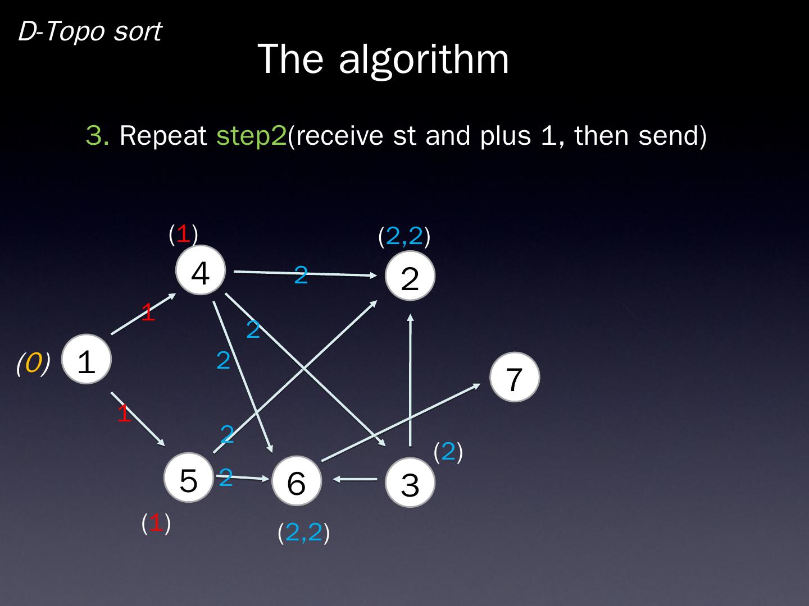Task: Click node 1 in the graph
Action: coord(86,360)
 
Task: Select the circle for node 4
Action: coord(201,270)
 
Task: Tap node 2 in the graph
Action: coord(410,276)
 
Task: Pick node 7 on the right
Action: coord(515,377)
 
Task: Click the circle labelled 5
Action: coord(189,478)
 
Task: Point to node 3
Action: coord(410,483)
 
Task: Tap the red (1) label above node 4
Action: coord(183,234)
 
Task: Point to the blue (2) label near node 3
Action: coord(448,451)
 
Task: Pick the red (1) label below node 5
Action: coord(156,523)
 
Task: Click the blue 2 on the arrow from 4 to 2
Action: coord(301,275)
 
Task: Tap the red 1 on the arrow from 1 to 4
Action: coord(148,312)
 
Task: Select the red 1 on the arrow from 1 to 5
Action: coord(124,414)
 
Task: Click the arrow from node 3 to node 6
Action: coord(356,480)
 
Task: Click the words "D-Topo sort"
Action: coord(90,31)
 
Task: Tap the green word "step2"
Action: coord(251,135)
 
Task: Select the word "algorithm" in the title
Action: coord(424,58)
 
